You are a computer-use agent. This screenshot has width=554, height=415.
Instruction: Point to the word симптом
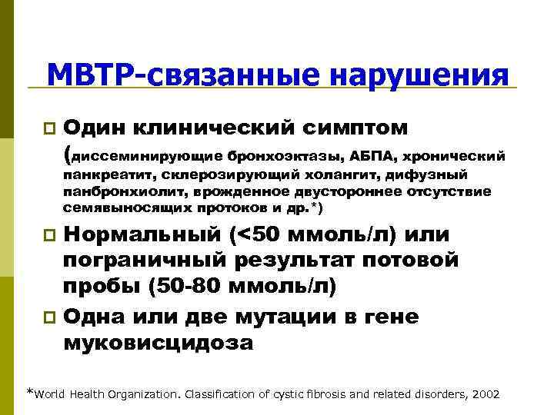(347, 124)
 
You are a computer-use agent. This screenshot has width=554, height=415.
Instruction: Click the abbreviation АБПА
(371, 157)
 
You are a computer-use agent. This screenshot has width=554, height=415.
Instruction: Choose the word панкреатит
(98, 174)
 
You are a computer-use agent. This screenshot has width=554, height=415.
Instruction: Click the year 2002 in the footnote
(483, 393)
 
